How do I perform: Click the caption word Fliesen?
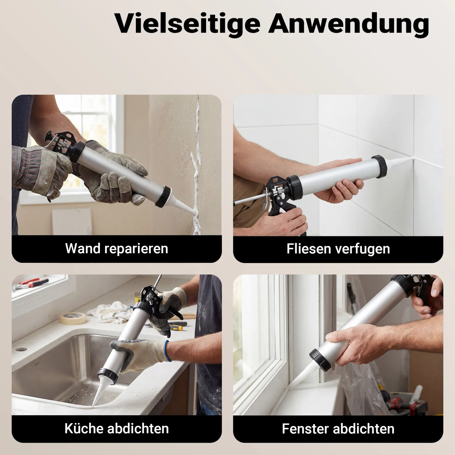pyautogui.click(x=309, y=249)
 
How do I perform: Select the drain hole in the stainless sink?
pyautogui.click(x=20, y=349)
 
